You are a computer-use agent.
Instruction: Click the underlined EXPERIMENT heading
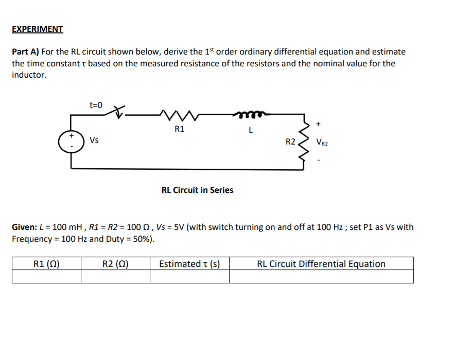point(38,29)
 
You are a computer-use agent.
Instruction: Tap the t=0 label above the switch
point(96,105)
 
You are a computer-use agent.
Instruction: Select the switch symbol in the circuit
point(118,112)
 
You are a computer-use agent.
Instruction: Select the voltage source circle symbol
point(72,141)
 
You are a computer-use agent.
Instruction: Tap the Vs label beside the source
point(94,140)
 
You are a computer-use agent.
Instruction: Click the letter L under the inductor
point(250,130)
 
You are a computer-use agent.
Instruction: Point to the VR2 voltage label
point(322,142)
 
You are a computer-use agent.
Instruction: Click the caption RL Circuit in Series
point(197,190)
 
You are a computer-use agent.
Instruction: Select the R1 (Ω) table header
point(46,264)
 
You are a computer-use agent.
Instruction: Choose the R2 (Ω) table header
point(115,264)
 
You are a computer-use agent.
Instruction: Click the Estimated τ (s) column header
point(189,264)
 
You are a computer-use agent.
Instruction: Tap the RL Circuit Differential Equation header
point(321,264)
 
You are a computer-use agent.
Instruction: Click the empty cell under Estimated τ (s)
point(189,277)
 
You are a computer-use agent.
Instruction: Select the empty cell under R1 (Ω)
point(46,277)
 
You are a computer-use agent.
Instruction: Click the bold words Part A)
point(26,51)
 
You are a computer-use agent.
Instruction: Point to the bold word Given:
point(24,227)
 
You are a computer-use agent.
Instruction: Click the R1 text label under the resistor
point(179,129)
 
